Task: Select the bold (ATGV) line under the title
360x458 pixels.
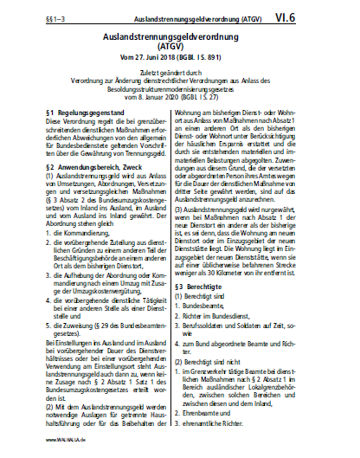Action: [x=179, y=50]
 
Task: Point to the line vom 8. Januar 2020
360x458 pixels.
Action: [x=179, y=110]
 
